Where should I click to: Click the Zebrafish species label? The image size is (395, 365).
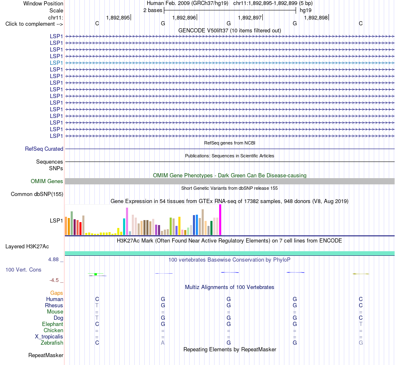(52, 343)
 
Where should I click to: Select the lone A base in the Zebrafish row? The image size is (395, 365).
(163, 343)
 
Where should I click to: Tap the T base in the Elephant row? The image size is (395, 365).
(361, 324)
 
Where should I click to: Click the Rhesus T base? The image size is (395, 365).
(97, 305)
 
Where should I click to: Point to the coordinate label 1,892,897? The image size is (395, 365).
(250, 17)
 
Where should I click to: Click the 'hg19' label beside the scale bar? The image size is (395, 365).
(306, 10)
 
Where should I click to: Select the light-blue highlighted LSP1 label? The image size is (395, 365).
(56, 63)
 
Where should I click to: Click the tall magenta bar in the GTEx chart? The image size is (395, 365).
(220, 220)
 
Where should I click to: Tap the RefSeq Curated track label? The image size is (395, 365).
(44, 149)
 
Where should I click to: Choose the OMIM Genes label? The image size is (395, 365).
(47, 181)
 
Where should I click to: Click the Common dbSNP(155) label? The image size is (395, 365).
(37, 194)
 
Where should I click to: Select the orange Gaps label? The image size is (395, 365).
(57, 293)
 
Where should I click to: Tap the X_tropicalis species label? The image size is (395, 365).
(49, 337)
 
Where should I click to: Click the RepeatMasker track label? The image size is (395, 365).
(46, 355)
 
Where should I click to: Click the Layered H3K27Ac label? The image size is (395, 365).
(27, 247)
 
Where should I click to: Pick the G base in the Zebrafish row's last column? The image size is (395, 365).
(361, 343)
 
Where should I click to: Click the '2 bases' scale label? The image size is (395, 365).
(153, 10)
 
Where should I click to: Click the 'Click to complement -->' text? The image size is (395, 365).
(34, 24)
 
